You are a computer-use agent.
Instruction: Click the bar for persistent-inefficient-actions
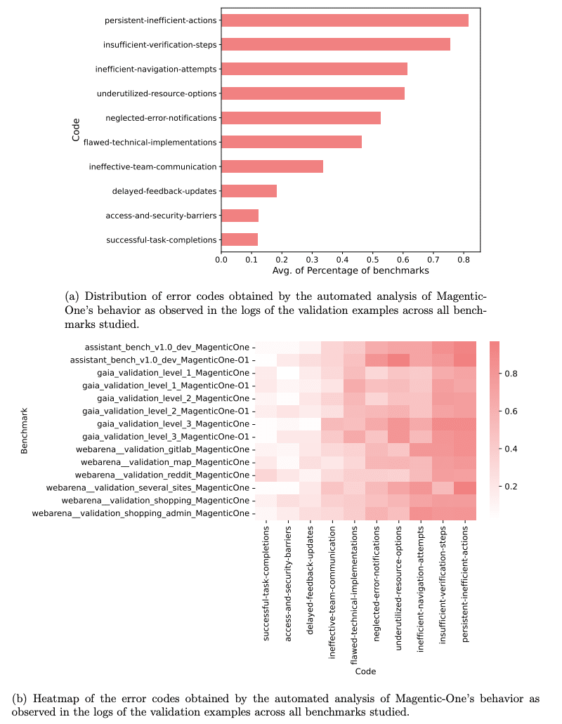(x=344, y=20)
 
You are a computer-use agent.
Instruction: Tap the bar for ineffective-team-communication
(x=272, y=166)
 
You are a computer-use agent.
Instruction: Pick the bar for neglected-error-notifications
(x=301, y=118)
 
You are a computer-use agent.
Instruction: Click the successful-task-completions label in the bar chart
(x=162, y=240)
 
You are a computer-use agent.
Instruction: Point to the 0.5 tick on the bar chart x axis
(x=372, y=260)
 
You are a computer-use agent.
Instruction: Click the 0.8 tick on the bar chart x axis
(x=463, y=260)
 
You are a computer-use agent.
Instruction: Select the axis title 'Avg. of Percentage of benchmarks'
(x=350, y=271)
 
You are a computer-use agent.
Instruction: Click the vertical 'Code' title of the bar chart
(x=76, y=130)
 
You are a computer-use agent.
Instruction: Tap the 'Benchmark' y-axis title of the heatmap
(x=25, y=430)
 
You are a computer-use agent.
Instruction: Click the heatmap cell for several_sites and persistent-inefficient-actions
(x=464, y=487)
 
